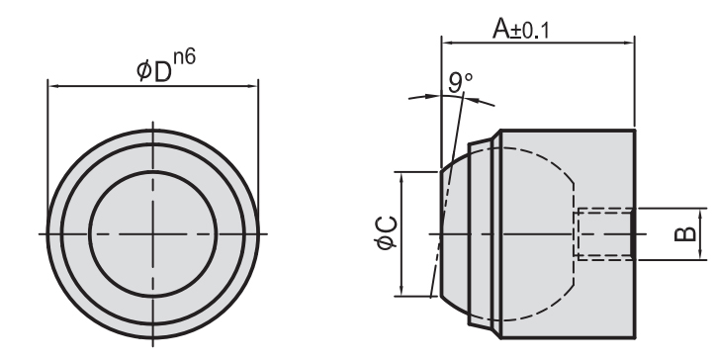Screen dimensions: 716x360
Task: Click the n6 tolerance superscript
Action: (x=185, y=58)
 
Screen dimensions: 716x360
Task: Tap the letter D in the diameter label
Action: (x=163, y=72)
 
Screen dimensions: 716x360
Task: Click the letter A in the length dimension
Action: (x=501, y=29)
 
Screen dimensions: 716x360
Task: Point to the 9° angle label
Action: (x=460, y=82)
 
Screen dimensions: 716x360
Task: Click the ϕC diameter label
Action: (x=387, y=233)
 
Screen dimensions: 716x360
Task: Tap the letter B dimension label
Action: (x=685, y=234)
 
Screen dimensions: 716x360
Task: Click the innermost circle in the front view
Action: (x=153, y=170)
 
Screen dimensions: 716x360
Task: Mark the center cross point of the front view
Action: (x=153, y=234)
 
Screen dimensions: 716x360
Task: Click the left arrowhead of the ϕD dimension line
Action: (x=53, y=86)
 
